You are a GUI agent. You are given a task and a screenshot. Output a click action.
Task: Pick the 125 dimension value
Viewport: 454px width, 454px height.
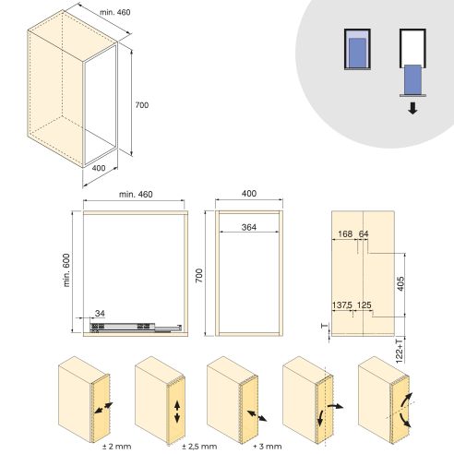[364, 305]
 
